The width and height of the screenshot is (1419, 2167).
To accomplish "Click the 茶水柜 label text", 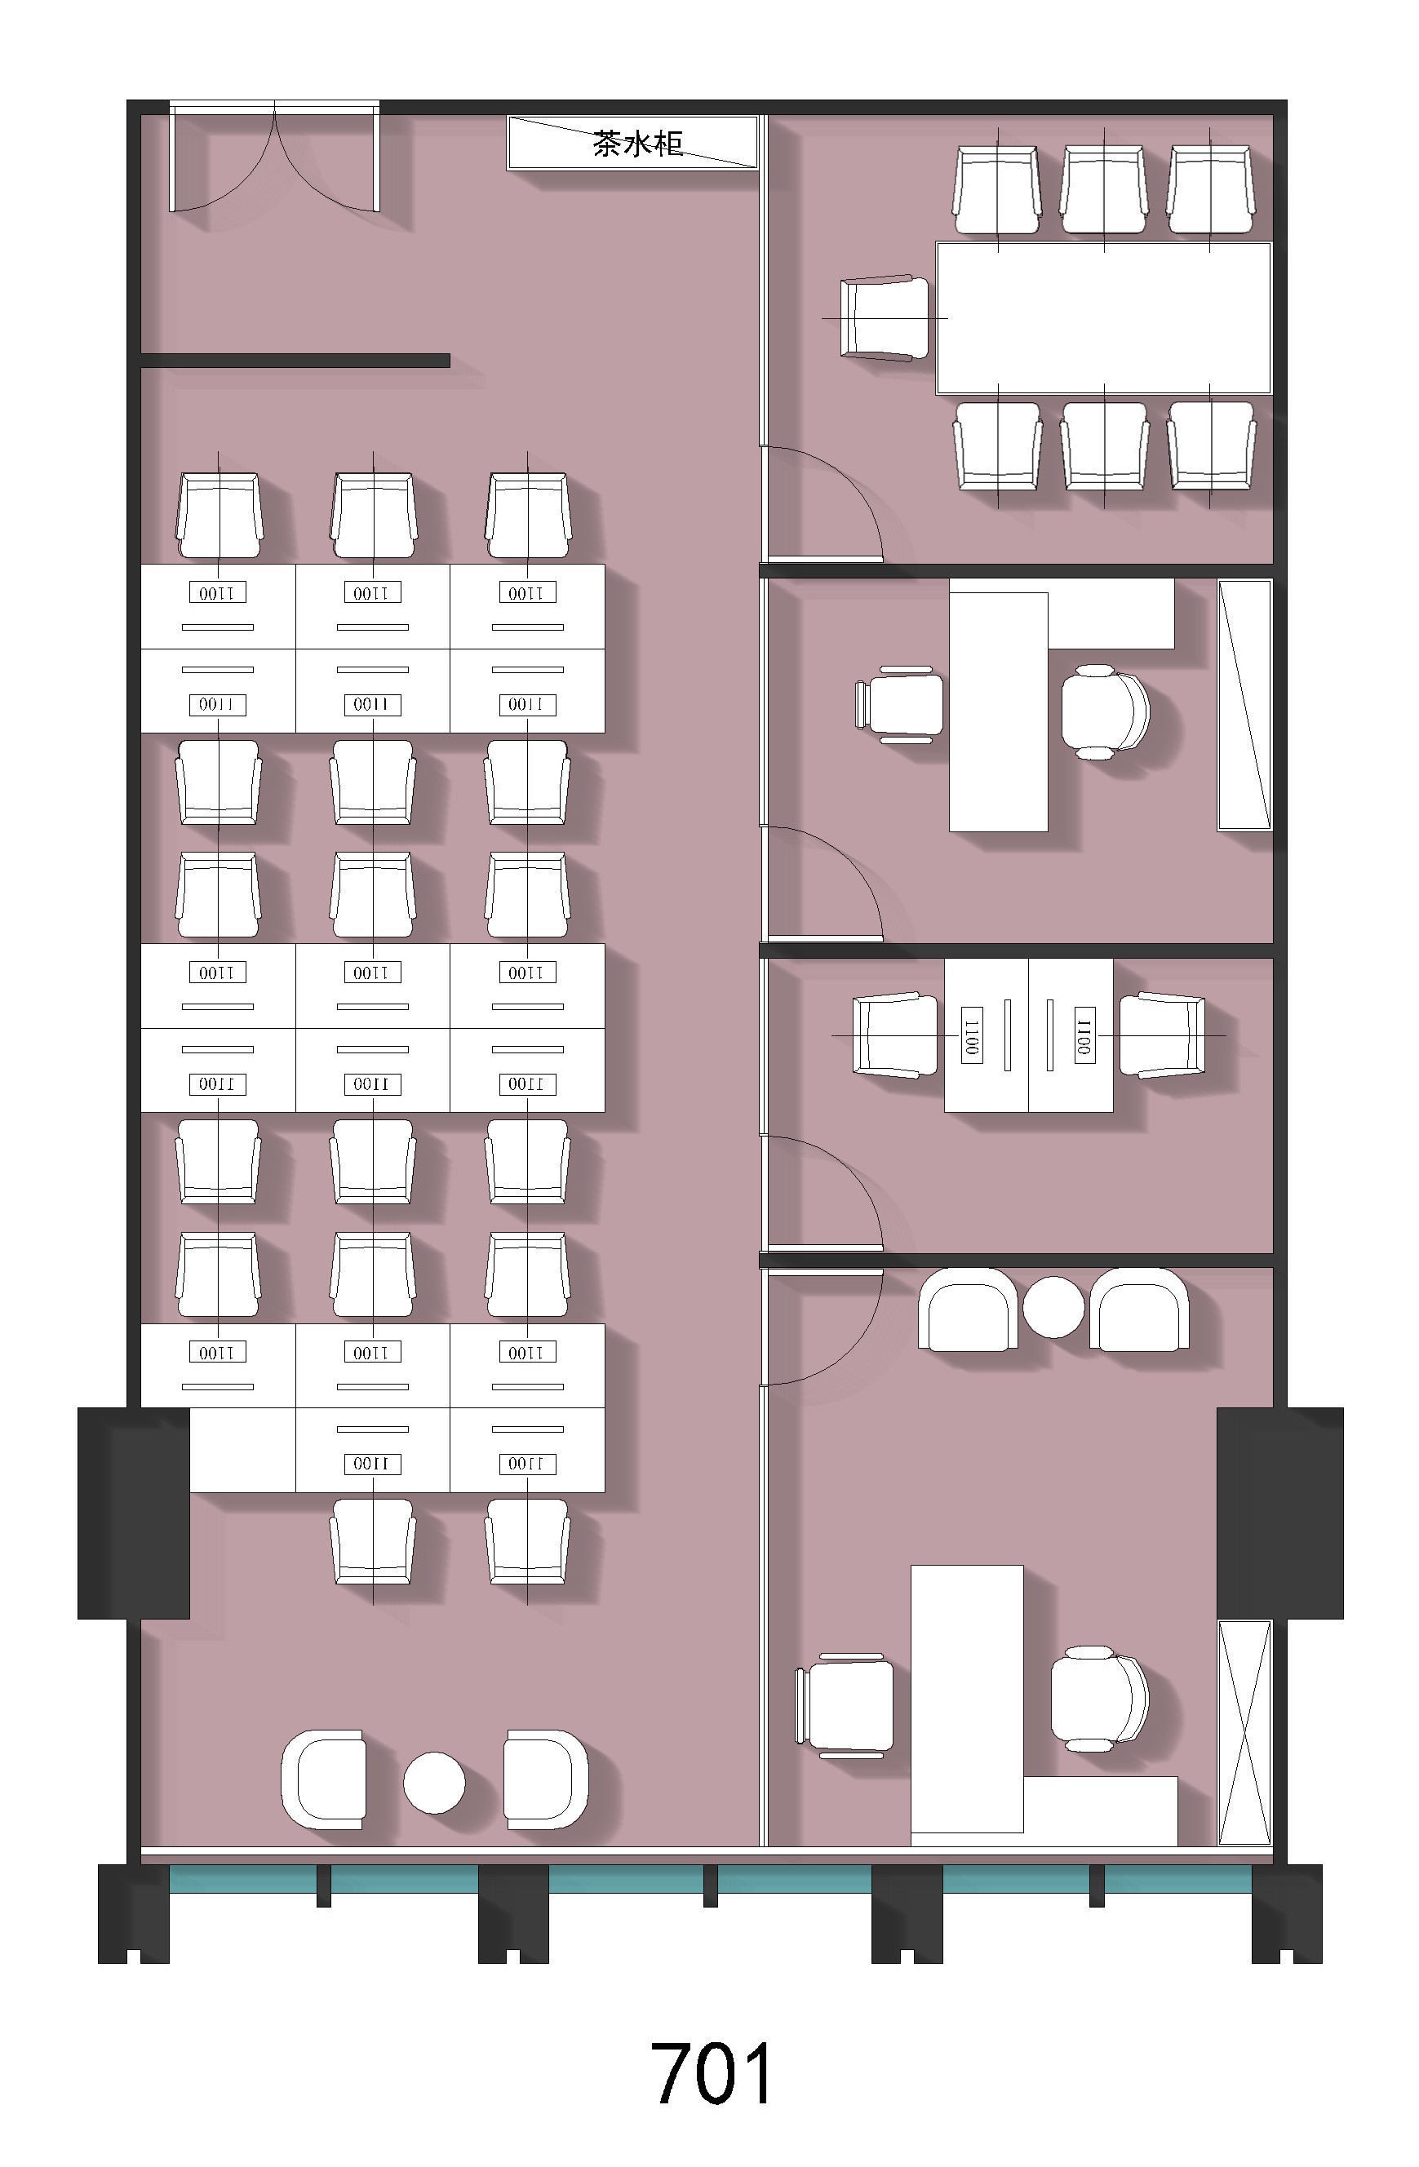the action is point(637,144).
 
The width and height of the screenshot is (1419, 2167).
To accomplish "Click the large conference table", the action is point(1104,317).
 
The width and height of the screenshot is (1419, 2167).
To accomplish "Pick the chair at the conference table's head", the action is point(885,317).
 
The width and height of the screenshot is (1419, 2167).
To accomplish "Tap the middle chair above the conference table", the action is point(1104,188).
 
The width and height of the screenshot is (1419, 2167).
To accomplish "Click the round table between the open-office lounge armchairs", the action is point(434,1782).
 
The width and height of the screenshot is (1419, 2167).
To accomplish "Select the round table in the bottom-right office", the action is point(1053,1305).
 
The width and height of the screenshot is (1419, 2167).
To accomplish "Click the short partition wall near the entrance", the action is point(295,361).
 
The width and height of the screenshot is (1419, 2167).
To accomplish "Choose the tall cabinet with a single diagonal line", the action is point(1245,705).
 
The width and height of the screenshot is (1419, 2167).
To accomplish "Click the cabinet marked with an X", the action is point(1245,1733).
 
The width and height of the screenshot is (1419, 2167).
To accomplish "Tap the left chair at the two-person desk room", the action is point(894,1035).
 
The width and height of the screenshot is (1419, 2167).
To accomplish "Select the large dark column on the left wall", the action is point(134,1513).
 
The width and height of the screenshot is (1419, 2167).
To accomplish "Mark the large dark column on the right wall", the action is point(1279,1513).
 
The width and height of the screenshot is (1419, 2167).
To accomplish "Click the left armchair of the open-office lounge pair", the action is point(322,1780).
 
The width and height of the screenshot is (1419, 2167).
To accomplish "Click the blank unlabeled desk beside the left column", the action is point(242,1450).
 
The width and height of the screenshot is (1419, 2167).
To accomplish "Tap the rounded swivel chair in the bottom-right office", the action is point(1099,1699).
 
